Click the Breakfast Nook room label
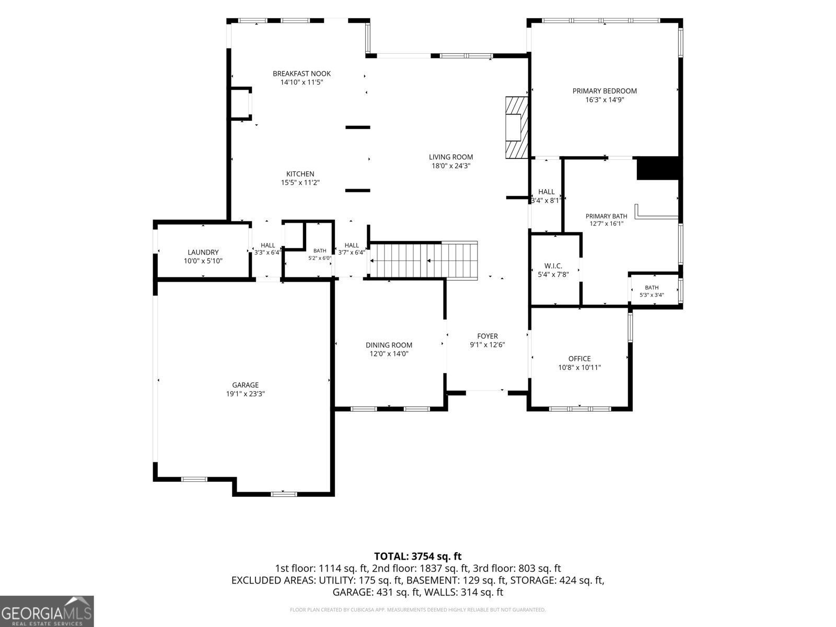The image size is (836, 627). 301,74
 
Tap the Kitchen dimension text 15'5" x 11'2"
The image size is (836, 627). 300,183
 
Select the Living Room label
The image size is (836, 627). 451,157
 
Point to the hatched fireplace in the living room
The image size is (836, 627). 517,127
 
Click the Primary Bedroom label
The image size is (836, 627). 605,91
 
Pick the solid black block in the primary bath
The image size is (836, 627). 658,168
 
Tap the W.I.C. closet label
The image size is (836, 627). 553,266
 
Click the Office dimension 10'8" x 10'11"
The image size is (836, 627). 579,367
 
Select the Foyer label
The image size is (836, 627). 487,336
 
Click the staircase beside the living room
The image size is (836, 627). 424,260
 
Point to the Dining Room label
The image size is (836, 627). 389,345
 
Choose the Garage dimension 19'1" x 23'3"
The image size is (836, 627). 245,393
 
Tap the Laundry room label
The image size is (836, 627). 203,252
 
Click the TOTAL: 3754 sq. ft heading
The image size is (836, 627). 418,556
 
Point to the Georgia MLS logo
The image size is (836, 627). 47,611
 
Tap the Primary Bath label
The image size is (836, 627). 606,216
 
